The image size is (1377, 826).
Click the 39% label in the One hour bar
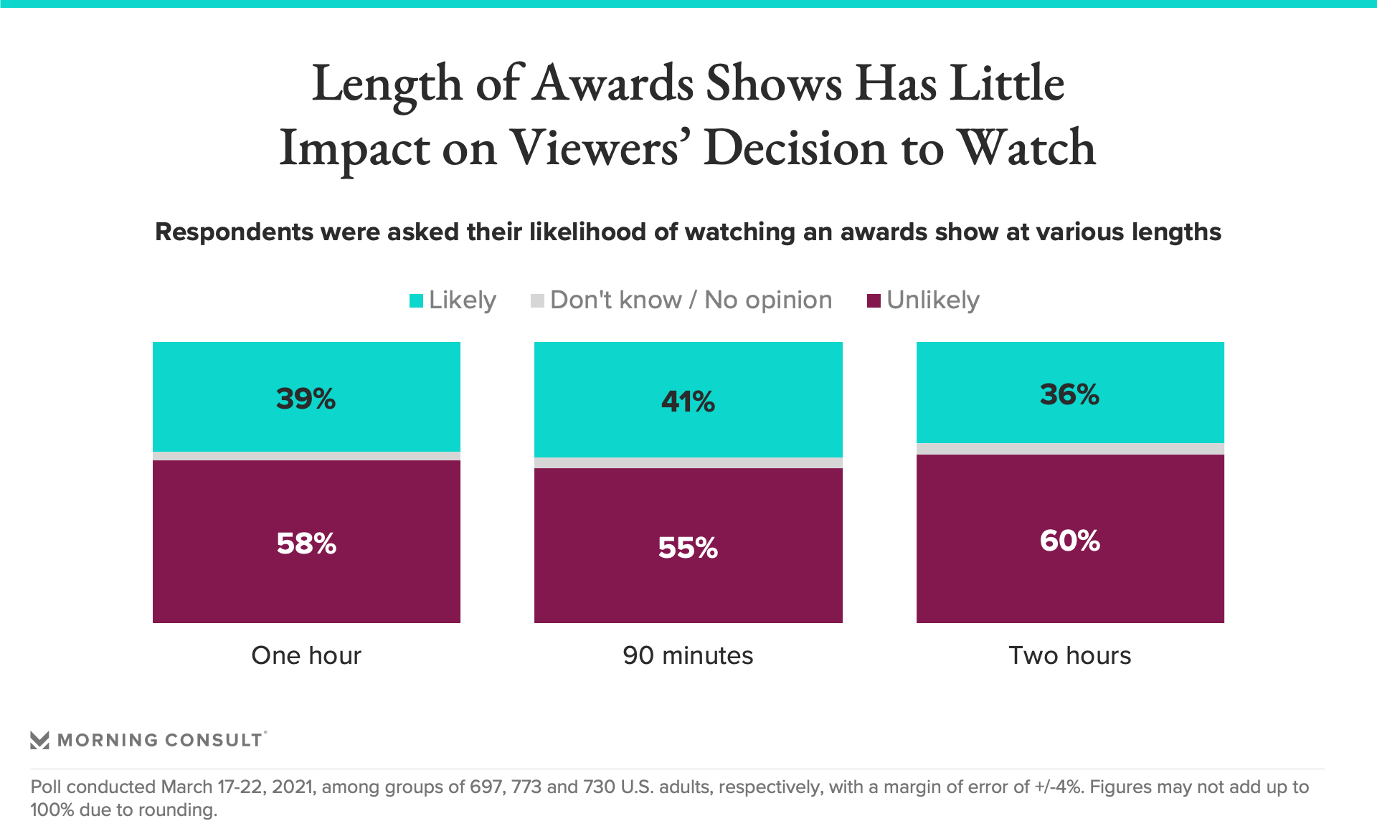click(x=306, y=399)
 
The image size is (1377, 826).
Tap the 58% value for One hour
click(x=306, y=543)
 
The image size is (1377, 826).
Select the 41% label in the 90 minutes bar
click(x=688, y=402)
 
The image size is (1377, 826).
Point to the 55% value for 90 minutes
click(x=688, y=548)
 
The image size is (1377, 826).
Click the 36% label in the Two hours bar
click(x=1069, y=394)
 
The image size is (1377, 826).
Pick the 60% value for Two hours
click(x=1069, y=541)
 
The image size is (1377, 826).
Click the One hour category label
click(x=306, y=655)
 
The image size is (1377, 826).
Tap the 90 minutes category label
click(x=688, y=655)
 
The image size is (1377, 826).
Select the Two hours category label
click(x=1069, y=655)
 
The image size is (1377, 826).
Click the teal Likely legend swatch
click(x=416, y=301)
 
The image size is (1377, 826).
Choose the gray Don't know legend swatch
click(x=537, y=301)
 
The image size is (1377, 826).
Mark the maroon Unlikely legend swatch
click(x=874, y=301)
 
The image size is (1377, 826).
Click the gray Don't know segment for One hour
click(x=306, y=456)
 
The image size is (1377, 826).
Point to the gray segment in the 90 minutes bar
click(x=688, y=462)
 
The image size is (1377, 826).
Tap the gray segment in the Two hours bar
click(x=1069, y=449)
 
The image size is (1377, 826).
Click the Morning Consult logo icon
click(x=40, y=740)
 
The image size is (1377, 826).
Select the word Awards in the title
click(x=614, y=83)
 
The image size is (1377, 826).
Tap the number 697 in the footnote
click(x=486, y=787)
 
